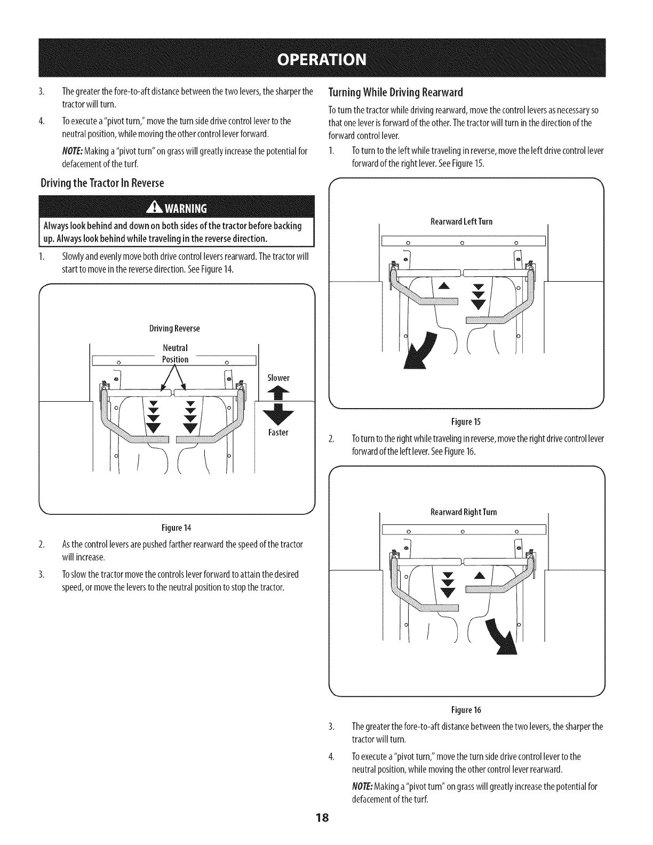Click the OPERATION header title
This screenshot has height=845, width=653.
(x=326, y=58)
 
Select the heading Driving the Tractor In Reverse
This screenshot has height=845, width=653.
(x=102, y=184)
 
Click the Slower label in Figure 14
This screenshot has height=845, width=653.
(x=278, y=378)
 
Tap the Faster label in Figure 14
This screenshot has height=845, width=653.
(x=278, y=432)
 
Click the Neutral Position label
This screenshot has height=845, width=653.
(x=175, y=354)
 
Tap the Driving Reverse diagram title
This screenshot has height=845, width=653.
(x=174, y=328)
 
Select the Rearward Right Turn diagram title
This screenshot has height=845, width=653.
(x=464, y=512)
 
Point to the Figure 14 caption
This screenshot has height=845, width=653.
(x=176, y=528)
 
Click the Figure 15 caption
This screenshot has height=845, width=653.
(x=466, y=422)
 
